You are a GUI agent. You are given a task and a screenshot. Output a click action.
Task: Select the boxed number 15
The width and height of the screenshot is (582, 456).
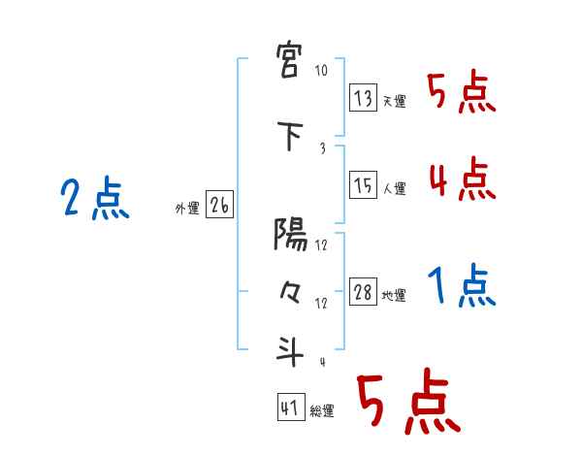362,185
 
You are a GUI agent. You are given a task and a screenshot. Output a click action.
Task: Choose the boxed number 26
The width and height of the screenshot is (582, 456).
218,205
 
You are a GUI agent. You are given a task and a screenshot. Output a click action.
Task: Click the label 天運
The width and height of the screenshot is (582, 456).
394,101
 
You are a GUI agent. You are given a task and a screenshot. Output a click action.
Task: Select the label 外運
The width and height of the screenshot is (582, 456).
186,208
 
